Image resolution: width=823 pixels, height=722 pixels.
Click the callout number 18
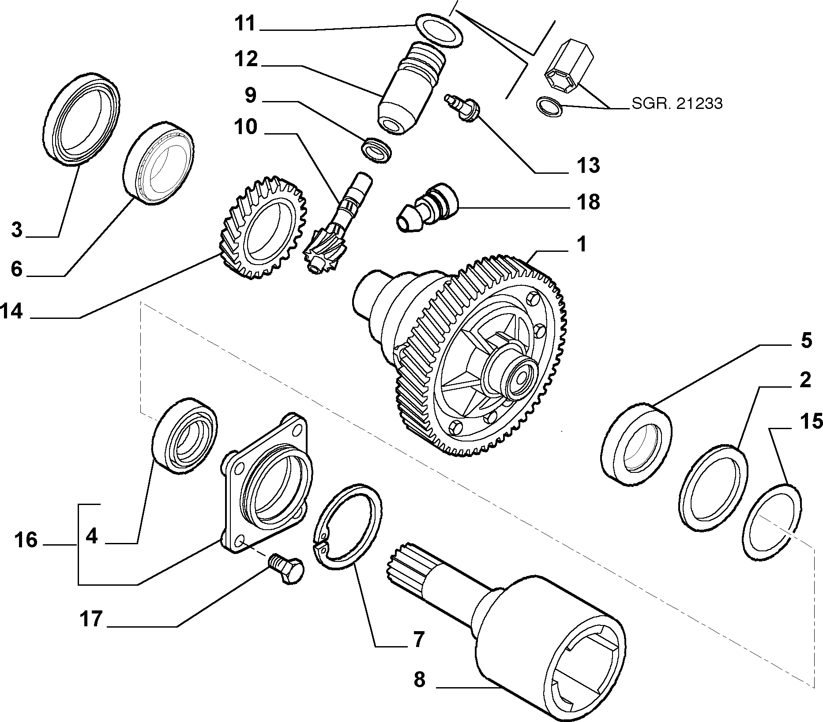coord(588,202)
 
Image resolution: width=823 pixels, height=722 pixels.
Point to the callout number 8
coord(419,680)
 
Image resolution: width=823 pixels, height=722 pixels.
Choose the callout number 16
coord(26,540)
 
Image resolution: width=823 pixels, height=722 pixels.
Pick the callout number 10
coord(246,127)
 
